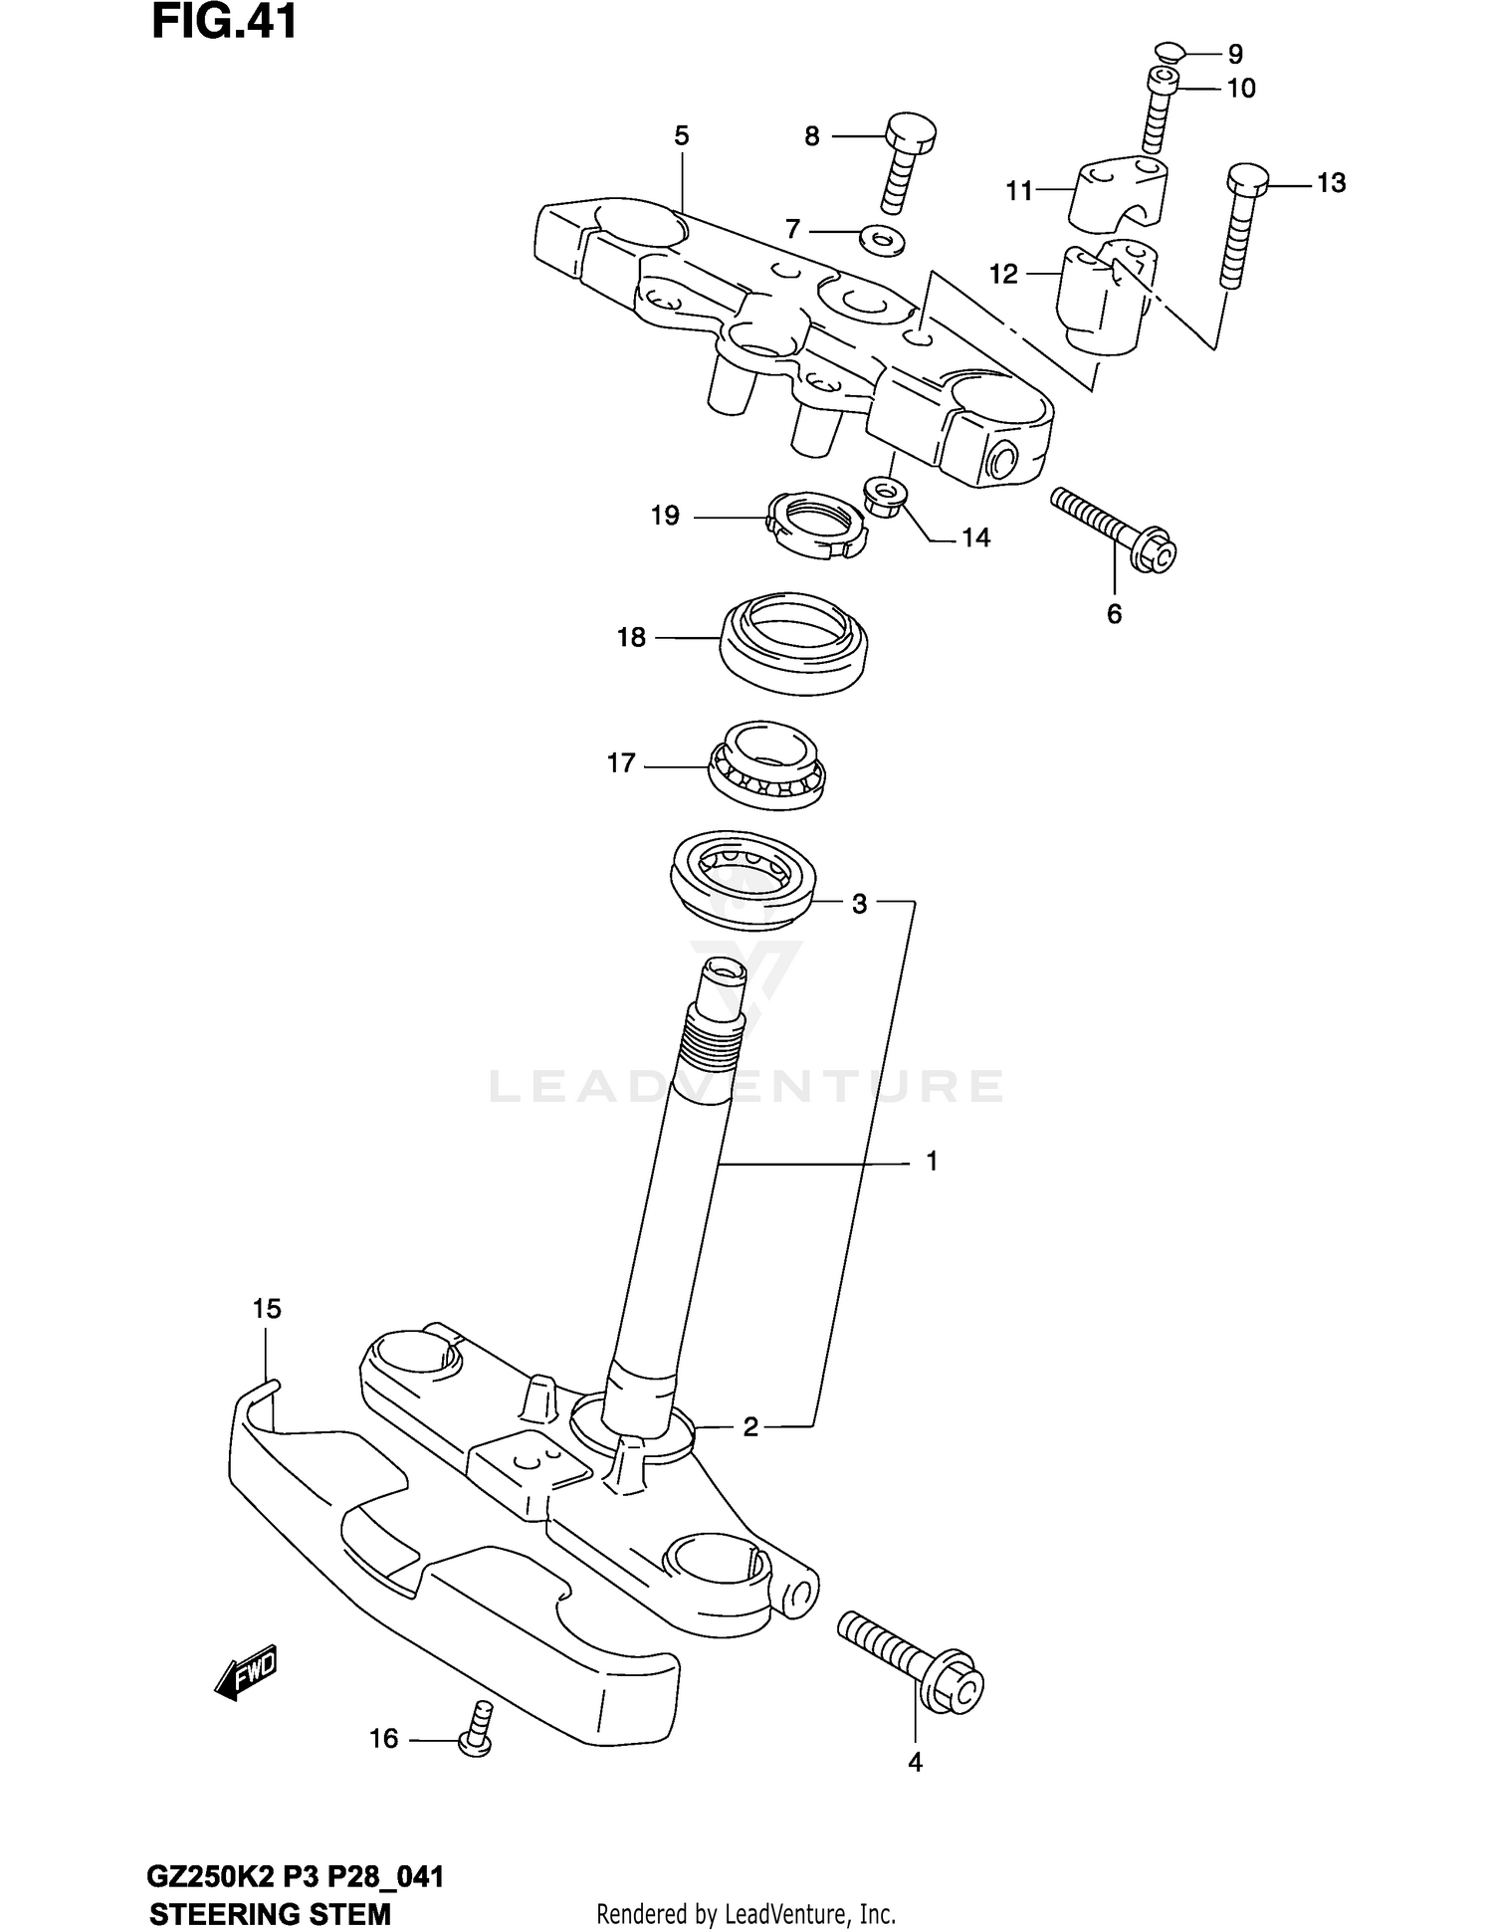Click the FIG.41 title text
[x=224, y=23]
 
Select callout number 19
[x=665, y=516]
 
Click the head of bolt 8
[x=911, y=131]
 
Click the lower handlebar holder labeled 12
[x=1105, y=299]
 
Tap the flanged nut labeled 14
[x=885, y=495]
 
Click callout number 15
[x=267, y=1309]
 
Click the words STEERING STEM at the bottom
[x=270, y=1913]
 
